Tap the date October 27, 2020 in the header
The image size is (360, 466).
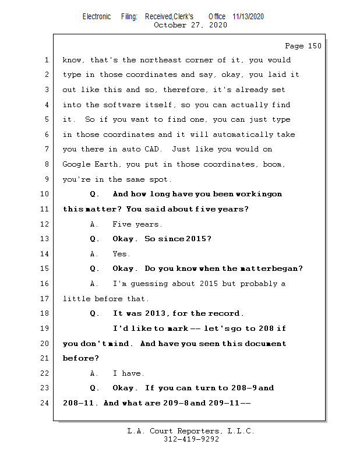[190, 25]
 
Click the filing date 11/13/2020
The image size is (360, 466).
[248, 16]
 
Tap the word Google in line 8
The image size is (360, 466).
[77, 165]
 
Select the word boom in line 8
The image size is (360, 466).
[273, 165]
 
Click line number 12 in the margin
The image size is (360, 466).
[46, 224]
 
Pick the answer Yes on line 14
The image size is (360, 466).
[121, 254]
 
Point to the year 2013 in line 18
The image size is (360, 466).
[157, 314]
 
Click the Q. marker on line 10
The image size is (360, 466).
[95, 194]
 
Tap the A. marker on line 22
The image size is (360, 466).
[95, 374]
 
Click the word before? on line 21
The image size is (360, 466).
[80, 359]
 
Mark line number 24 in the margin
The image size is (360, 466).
[46, 403]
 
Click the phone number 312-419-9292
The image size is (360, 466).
[190, 440]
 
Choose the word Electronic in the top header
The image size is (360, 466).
[97, 16]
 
